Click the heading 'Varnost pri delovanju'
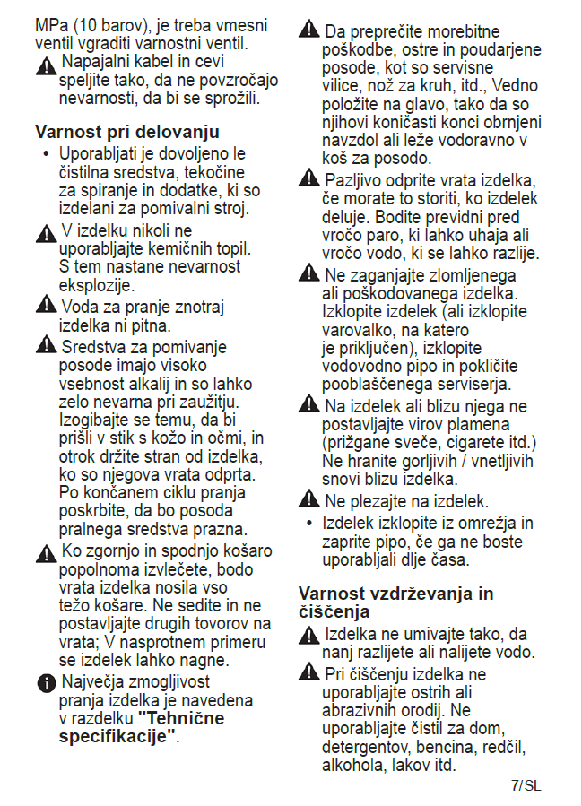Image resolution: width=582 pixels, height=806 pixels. (x=127, y=132)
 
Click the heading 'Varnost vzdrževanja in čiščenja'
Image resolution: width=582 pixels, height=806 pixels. (x=395, y=602)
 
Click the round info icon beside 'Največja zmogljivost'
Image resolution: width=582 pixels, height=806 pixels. (x=47, y=684)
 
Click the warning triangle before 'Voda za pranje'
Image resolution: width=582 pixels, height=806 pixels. (x=47, y=307)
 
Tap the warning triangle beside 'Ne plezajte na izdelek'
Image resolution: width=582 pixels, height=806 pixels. (x=309, y=500)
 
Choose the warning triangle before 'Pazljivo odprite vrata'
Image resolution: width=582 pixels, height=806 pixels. (x=309, y=180)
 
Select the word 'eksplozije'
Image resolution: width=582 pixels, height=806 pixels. (x=96, y=285)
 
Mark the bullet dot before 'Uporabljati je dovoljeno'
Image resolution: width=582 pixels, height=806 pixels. (x=46, y=153)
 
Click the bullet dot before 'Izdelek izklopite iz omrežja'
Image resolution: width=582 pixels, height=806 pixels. (x=308, y=522)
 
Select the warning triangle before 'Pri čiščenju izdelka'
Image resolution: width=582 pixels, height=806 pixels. (x=309, y=672)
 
